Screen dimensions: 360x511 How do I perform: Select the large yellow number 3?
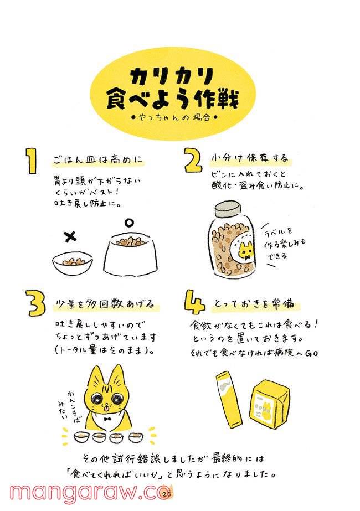36,303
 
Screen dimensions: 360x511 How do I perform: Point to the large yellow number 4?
194,302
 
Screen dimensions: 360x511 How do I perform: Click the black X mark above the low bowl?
70,236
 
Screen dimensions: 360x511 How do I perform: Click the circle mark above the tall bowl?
129,223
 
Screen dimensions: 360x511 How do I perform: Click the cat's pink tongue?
106,407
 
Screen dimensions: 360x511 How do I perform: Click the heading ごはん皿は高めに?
98,160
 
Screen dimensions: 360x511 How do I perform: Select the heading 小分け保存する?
250,158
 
